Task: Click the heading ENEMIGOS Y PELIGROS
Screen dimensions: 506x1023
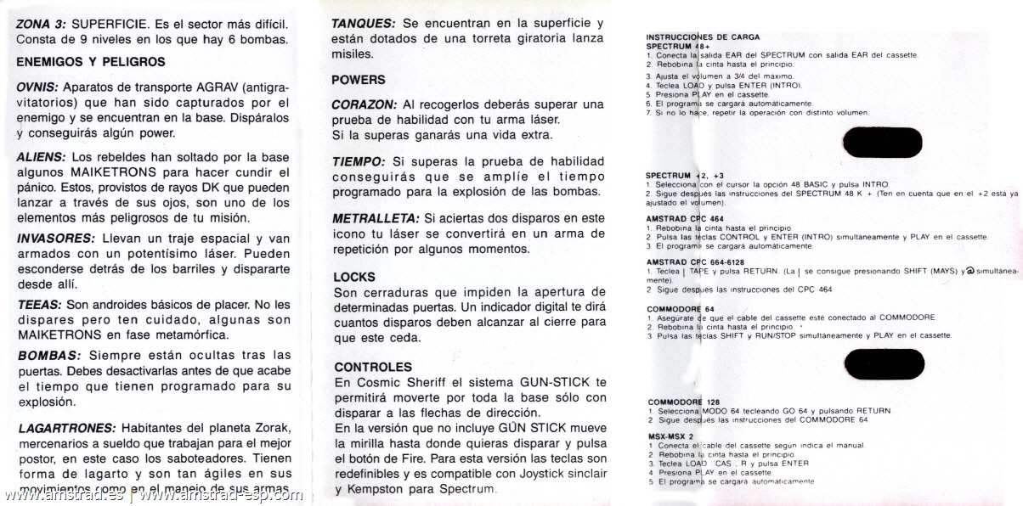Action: point(91,62)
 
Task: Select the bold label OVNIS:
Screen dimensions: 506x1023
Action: point(37,87)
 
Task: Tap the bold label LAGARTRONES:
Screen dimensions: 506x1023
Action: point(66,428)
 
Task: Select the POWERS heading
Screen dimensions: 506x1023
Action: point(358,80)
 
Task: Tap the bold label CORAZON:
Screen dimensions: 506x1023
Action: point(364,104)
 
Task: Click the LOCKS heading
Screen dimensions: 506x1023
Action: point(354,277)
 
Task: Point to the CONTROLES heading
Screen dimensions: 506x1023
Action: point(373,367)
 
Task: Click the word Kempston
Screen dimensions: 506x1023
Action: point(370,489)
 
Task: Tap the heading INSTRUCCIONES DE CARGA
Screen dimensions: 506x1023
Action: point(703,37)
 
